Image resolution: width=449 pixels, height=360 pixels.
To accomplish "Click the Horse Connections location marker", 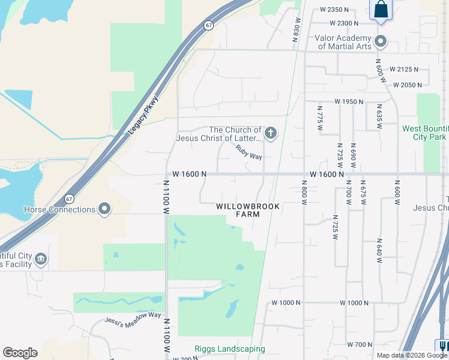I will pyautogui.click(x=105, y=209).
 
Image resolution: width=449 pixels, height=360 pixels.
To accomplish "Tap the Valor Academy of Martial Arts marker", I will pyautogui.click(x=379, y=41).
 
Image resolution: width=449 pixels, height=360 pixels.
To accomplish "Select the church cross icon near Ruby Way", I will pyautogui.click(x=271, y=133).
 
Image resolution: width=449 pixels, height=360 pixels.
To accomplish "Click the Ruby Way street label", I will pyautogui.click(x=249, y=152).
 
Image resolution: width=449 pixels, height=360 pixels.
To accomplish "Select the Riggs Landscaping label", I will pyautogui.click(x=230, y=349).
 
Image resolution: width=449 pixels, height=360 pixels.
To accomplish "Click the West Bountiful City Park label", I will pyautogui.click(x=425, y=133).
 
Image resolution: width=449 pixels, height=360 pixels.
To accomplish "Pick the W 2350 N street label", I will pyautogui.click(x=335, y=10).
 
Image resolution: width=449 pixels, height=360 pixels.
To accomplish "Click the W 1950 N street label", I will pyautogui.click(x=349, y=102).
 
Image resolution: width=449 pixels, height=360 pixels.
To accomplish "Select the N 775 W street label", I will pyautogui.click(x=320, y=118).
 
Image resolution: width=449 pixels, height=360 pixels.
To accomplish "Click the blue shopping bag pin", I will pyautogui.click(x=381, y=10).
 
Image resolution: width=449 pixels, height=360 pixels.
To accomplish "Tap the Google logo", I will pyautogui.click(x=20, y=353).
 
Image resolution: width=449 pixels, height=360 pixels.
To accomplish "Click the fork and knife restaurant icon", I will pyautogui.click(x=444, y=347).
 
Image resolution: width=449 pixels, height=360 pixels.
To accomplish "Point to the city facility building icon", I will pyautogui.click(x=41, y=259).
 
